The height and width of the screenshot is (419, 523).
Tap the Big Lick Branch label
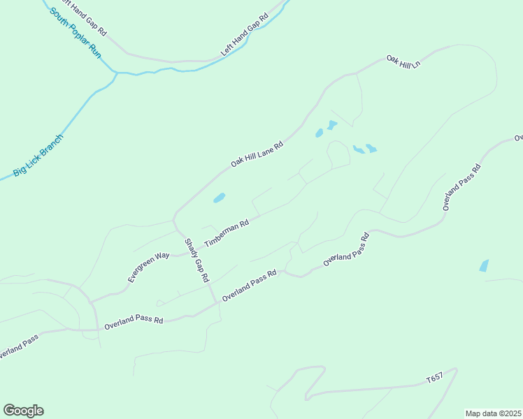click(38, 155)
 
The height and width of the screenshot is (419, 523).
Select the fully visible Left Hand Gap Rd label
click(244, 36)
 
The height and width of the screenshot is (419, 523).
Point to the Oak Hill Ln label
click(403, 61)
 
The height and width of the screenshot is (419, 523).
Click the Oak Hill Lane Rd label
click(257, 154)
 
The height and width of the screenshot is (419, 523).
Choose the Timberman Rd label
click(227, 234)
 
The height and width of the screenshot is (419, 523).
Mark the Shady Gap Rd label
click(196, 260)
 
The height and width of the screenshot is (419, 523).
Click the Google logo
click(23, 411)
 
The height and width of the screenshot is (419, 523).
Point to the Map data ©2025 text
click(493, 413)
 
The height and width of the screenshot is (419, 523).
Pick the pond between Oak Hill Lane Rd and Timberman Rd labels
click(219, 198)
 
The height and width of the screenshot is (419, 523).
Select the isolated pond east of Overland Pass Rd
click(484, 265)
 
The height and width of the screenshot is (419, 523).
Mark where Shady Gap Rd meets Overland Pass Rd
click(215, 302)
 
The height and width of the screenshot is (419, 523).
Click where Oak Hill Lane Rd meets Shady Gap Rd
click(173, 217)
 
